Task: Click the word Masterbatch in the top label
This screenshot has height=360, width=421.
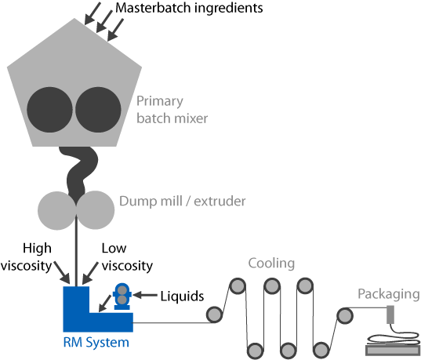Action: tap(153, 8)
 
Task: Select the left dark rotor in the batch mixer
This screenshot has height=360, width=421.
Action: tap(49, 110)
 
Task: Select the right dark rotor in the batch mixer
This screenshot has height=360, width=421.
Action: tap(98, 110)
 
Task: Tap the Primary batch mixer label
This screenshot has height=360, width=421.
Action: tap(172, 110)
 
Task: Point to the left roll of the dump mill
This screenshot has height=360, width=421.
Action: tap(57, 210)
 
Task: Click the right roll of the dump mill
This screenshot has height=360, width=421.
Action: tap(96, 210)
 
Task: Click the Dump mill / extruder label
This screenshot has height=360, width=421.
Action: tap(183, 202)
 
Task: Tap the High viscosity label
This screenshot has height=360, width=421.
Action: tap(26, 256)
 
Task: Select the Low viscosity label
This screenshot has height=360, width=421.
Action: tap(127, 256)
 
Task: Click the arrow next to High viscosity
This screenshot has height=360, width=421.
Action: tap(62, 272)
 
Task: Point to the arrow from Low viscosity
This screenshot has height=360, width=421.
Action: tap(90, 273)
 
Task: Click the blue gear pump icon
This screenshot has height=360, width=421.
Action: tap(122, 296)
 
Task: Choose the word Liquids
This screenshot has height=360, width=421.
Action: tap(182, 296)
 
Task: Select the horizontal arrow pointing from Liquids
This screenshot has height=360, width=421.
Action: tap(145, 295)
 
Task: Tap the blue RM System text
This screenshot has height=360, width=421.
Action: tap(96, 343)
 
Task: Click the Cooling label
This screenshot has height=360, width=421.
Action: tap(271, 263)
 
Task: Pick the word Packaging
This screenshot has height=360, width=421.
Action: tap(389, 294)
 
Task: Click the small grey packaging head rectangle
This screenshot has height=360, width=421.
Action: tap(390, 315)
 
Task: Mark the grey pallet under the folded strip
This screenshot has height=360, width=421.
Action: tap(393, 351)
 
